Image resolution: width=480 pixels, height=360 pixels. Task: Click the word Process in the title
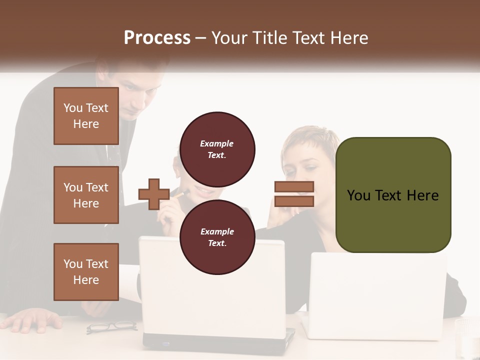[x=157, y=37]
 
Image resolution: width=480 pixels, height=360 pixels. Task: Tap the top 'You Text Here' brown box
[x=86, y=116]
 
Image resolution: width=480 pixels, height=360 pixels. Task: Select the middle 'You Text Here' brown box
[x=86, y=195]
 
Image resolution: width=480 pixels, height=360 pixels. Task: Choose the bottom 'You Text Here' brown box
[x=86, y=271]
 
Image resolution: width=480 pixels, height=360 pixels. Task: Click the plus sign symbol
[x=154, y=194]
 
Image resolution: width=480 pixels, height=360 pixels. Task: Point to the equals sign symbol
[x=294, y=194]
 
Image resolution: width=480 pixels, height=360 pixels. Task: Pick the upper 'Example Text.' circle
[x=217, y=149]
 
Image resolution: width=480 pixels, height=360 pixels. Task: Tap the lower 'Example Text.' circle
[x=217, y=237]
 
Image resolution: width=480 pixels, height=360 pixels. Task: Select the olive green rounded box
[x=393, y=195]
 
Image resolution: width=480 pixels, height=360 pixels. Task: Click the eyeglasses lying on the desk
[x=111, y=326]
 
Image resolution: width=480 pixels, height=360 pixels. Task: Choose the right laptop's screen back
[x=378, y=295]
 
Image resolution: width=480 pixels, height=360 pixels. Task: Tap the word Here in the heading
[x=350, y=37]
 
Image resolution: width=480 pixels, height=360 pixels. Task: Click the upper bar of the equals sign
[x=294, y=187]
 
